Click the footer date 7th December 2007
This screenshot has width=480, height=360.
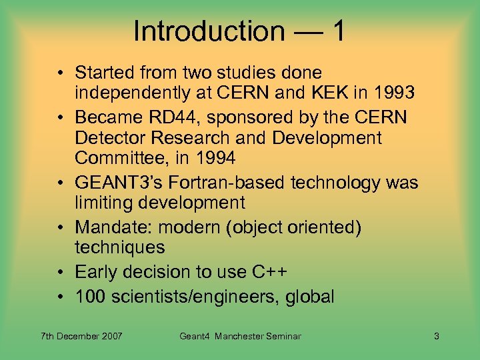pos(81,337)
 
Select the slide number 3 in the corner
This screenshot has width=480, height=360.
pos(436,337)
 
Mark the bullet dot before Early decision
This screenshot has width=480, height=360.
pos(60,273)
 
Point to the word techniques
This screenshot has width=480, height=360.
pos(119,247)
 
